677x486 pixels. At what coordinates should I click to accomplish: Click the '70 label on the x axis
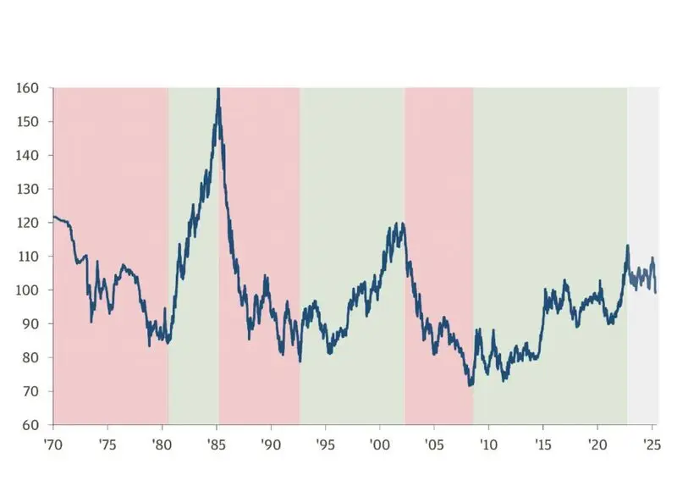pyautogui.click(x=52, y=445)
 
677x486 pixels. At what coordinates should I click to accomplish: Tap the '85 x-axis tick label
pyautogui.click(x=216, y=445)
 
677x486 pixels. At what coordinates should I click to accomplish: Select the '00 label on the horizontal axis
pyautogui.click(x=379, y=445)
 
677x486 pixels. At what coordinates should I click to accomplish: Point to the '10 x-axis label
pyautogui.click(x=488, y=445)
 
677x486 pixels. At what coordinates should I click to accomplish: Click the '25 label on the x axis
pyautogui.click(x=652, y=445)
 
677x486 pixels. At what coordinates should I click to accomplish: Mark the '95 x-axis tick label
pyautogui.click(x=325, y=445)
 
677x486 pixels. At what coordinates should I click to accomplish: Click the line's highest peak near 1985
pyautogui.click(x=218, y=89)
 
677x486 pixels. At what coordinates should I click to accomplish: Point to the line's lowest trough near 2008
pyautogui.click(x=471, y=385)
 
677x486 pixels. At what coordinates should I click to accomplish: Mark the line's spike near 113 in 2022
pyautogui.click(x=627, y=246)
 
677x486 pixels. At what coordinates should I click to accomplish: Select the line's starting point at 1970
pyautogui.click(x=53, y=217)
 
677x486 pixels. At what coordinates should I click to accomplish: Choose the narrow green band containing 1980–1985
pyautogui.click(x=193, y=169)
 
